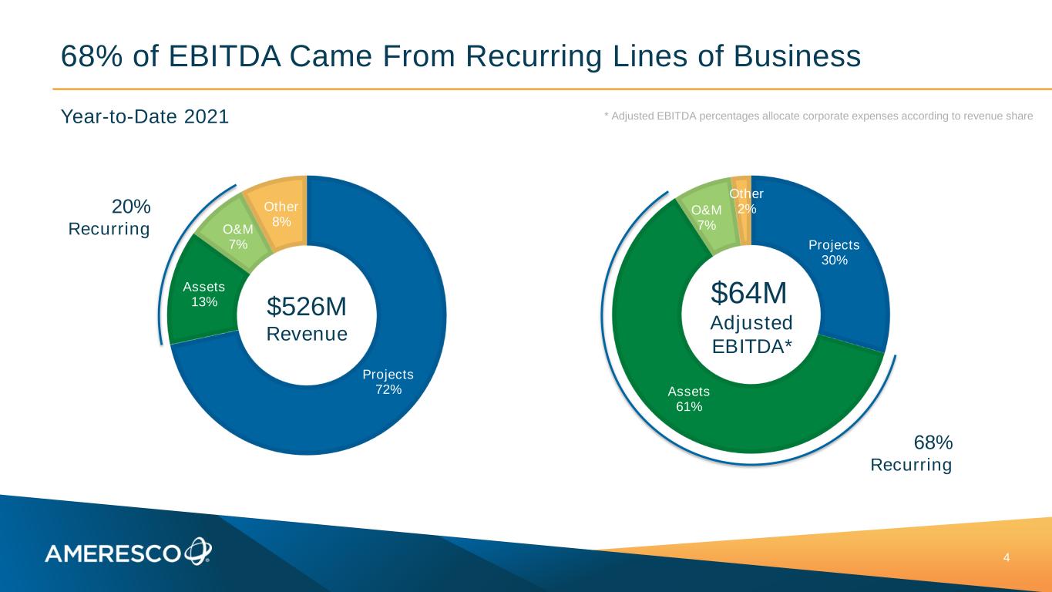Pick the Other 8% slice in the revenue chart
tap(280, 213)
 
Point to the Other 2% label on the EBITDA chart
tap(746, 202)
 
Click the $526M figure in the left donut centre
tap(307, 307)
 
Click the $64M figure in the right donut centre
tap(748, 294)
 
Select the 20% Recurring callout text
tap(109, 218)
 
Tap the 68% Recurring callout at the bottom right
tap(912, 454)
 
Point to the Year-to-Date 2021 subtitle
tap(145, 117)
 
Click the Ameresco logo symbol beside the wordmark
tap(197, 550)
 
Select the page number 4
tap(1007, 557)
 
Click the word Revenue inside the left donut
tap(307, 334)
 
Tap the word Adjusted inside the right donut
tap(751, 322)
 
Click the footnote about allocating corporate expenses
tap(818, 116)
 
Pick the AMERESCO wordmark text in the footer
tap(113, 553)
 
